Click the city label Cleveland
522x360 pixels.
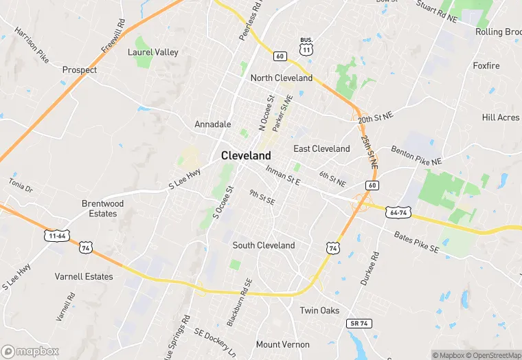click(246, 156)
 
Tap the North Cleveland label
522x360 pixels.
click(281, 78)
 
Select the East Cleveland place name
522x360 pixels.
click(321, 148)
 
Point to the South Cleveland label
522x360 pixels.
click(264, 245)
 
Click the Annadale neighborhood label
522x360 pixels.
click(213, 124)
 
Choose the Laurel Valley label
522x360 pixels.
click(153, 52)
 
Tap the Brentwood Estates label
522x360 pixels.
click(103, 208)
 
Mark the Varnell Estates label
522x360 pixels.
click(84, 276)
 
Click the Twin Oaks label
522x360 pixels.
click(319, 311)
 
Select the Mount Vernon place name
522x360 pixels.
click(278, 344)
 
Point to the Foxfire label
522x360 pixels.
click(486, 66)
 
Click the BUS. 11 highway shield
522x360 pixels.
click(306, 46)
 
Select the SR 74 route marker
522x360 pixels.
click(358, 323)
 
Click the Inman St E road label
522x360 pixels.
click(283, 177)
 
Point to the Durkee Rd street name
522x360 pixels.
click(369, 268)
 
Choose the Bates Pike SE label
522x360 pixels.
click(416, 241)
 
